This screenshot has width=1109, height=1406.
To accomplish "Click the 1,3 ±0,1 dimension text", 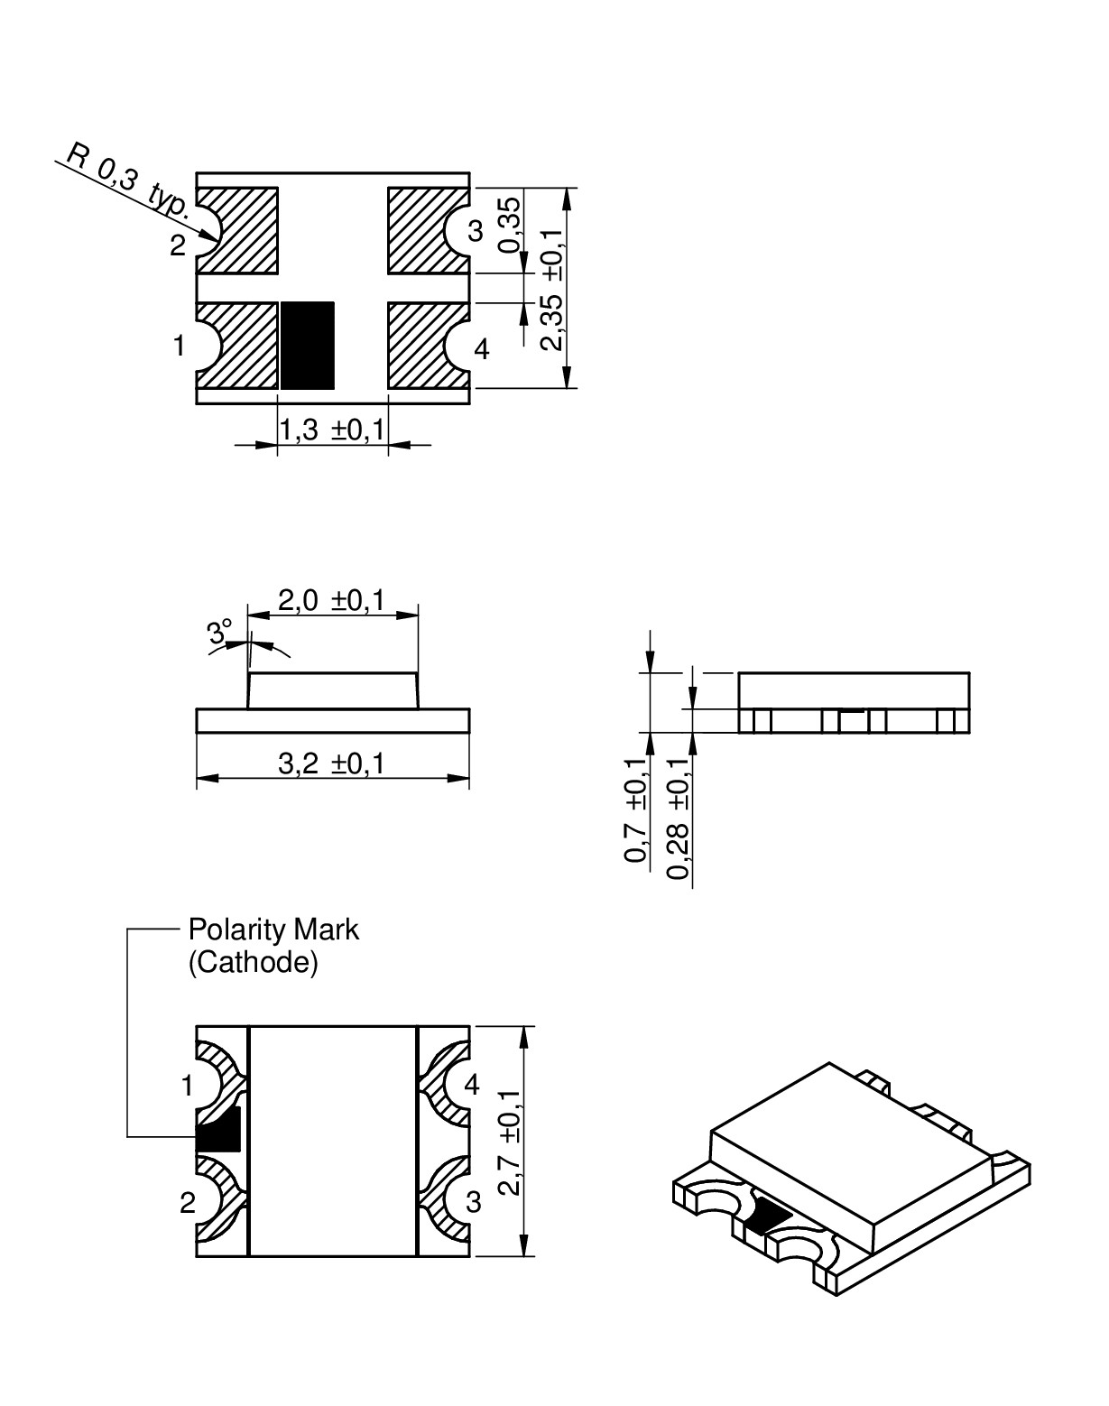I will pyautogui.click(x=331, y=430).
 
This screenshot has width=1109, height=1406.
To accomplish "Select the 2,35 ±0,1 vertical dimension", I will pyautogui.click(x=552, y=289).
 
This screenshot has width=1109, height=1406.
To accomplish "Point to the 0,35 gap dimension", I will pyautogui.click(x=510, y=225).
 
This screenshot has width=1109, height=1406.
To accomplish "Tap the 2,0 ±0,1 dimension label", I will pyautogui.click(x=331, y=600).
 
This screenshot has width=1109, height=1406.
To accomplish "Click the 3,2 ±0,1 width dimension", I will pyautogui.click(x=331, y=764).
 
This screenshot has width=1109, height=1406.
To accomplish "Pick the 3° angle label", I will pyautogui.click(x=219, y=631).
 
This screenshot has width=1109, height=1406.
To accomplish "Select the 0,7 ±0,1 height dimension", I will pyautogui.click(x=637, y=809).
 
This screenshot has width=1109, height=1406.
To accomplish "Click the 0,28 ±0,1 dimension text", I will pyautogui.click(x=679, y=817).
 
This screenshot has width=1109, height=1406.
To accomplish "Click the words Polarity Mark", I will pyautogui.click(x=273, y=930).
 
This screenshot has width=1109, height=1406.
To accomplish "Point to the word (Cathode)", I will pyautogui.click(x=253, y=963).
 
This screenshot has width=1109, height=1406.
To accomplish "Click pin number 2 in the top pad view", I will pyautogui.click(x=178, y=245).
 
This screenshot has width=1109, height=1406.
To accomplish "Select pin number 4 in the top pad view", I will pyautogui.click(x=482, y=348).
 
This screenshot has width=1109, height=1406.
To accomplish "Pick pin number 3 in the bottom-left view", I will pyautogui.click(x=473, y=1202).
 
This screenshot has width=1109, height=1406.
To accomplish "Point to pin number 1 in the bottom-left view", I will pyautogui.click(x=187, y=1087).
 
